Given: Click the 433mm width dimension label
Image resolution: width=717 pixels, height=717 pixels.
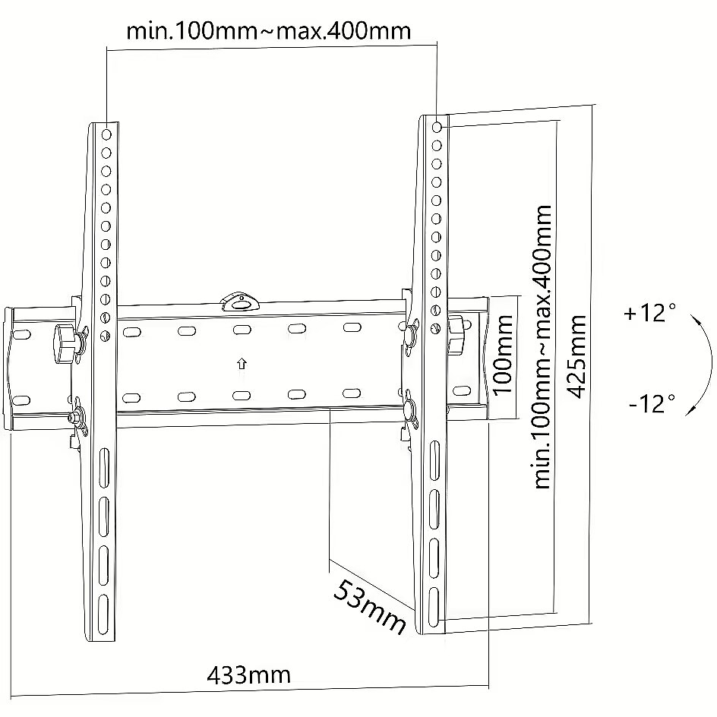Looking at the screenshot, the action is (249, 675).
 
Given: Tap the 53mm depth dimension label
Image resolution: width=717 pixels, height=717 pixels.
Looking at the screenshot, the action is (370, 607).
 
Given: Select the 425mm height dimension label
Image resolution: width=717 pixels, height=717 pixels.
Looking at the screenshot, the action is (576, 356).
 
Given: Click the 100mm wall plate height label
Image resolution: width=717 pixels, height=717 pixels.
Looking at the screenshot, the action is (503, 355).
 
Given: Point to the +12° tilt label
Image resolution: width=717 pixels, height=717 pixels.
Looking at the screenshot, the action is (649, 313).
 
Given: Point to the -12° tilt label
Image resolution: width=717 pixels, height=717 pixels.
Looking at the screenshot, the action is (652, 403).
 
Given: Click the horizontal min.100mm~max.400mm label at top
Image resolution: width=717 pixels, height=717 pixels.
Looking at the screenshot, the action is (268, 31).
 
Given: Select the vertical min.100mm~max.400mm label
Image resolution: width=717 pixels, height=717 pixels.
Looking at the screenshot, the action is (543, 346).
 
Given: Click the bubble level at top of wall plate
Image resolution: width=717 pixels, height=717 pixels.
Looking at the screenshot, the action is (240, 302).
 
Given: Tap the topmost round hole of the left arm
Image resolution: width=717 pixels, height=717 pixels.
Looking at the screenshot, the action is (106, 134).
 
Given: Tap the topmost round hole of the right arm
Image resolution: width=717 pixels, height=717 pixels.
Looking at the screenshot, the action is (437, 127).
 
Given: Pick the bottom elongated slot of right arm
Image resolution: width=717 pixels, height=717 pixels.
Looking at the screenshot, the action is (433, 608).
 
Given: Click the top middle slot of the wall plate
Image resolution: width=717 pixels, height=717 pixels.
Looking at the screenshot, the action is (242, 329).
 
